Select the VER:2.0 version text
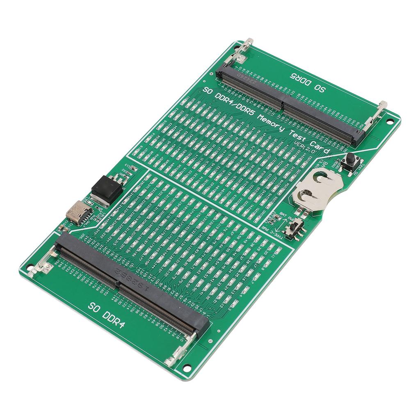[305, 146]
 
